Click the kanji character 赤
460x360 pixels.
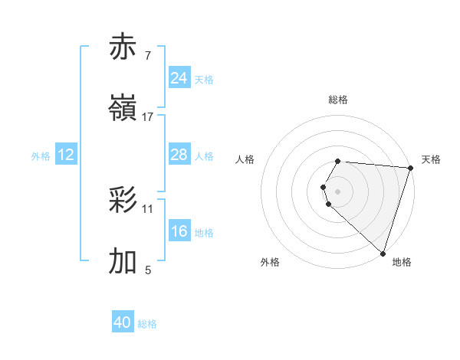coord(123,47)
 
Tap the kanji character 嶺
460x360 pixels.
coord(123,109)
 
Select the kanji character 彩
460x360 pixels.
coord(123,201)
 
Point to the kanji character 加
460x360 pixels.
coord(123,262)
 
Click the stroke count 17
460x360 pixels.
coord(148,117)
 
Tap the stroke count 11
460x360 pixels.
coord(148,208)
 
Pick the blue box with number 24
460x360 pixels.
coord(179,78)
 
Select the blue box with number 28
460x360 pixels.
coord(179,155)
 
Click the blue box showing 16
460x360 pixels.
coord(179,231)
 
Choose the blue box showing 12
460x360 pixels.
coord(66,155)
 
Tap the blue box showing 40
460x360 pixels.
coord(123,323)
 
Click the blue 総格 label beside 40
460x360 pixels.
coord(147,324)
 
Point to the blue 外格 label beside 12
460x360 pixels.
coord(41,155)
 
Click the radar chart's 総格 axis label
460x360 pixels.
coord(338,100)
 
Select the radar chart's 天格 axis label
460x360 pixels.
coord(431,159)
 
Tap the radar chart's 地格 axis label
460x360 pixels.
coord(402,262)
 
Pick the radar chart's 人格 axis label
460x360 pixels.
coord(245,159)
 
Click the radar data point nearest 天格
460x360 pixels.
coord(410,167)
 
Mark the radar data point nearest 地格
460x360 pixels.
coord(383,253)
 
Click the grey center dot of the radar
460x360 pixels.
coord(338,191)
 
